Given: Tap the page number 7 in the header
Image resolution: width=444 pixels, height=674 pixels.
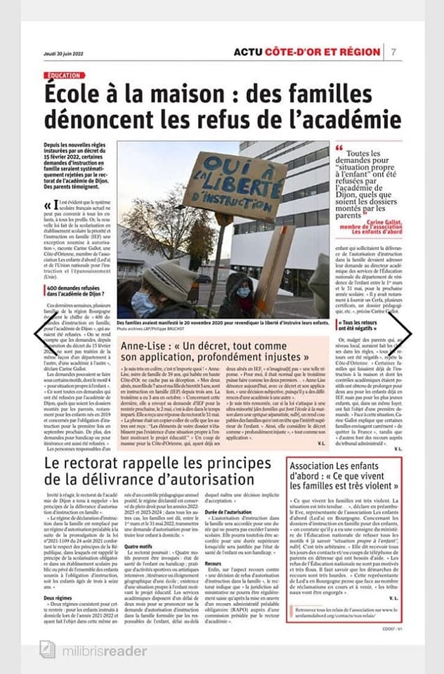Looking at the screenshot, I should [x=393, y=51].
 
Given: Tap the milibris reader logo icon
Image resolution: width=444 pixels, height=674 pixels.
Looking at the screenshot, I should [x=48, y=651].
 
